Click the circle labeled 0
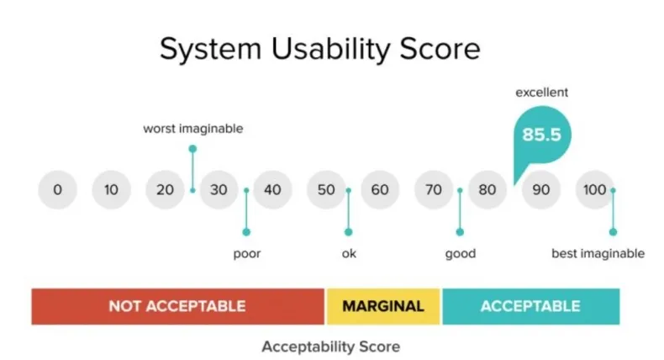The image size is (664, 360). point(58,189)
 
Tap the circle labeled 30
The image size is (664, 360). point(219,189)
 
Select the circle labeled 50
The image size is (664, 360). point(326,189)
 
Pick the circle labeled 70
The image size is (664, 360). point(434,189)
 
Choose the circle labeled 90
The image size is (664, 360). point(541,189)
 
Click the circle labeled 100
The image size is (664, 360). point(595,189)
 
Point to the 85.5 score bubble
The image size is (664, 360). point(542,135)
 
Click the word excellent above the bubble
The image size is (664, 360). point(541,93)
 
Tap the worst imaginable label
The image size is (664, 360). point(193,129)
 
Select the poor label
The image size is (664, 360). point(247,253)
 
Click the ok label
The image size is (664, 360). point(349,253)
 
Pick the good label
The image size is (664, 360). point(461,253)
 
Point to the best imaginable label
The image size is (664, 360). point(598,253)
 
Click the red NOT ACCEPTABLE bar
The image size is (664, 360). point(178,306)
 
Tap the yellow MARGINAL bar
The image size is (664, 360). point(383,306)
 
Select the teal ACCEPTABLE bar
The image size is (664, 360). point(531,306)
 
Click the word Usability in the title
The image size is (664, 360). point(330,49)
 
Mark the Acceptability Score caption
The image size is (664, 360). point(330,347)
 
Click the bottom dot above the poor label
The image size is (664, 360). point(246,232)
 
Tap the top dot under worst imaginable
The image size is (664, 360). point(192,149)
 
